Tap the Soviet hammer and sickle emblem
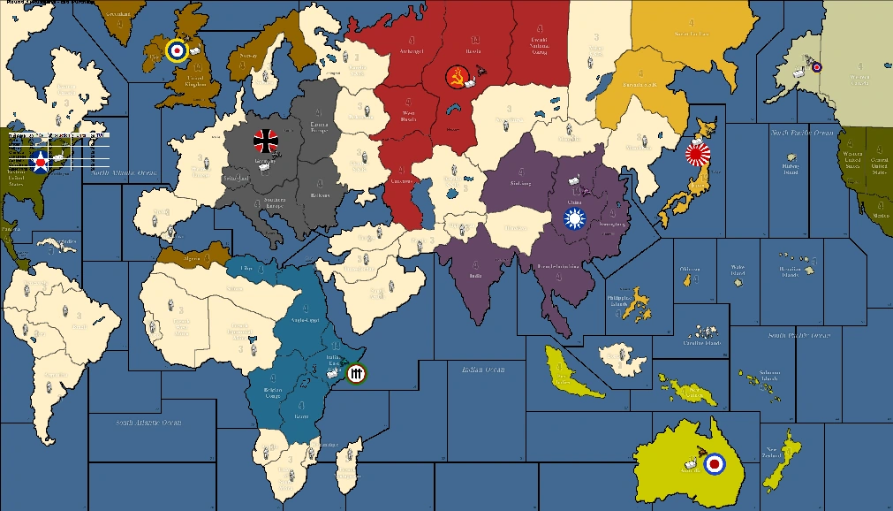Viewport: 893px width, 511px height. pyautogui.click(x=457, y=76)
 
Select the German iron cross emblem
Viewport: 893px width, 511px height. pyautogui.click(x=265, y=141)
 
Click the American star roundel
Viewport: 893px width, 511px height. pyautogui.click(x=40, y=160)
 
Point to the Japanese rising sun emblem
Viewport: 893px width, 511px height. pyautogui.click(x=698, y=156)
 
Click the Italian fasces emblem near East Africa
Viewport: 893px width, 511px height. pyautogui.click(x=356, y=375)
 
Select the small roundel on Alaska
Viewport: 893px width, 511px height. pyautogui.click(x=816, y=66)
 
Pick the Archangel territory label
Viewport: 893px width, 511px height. pyautogui.click(x=412, y=50)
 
